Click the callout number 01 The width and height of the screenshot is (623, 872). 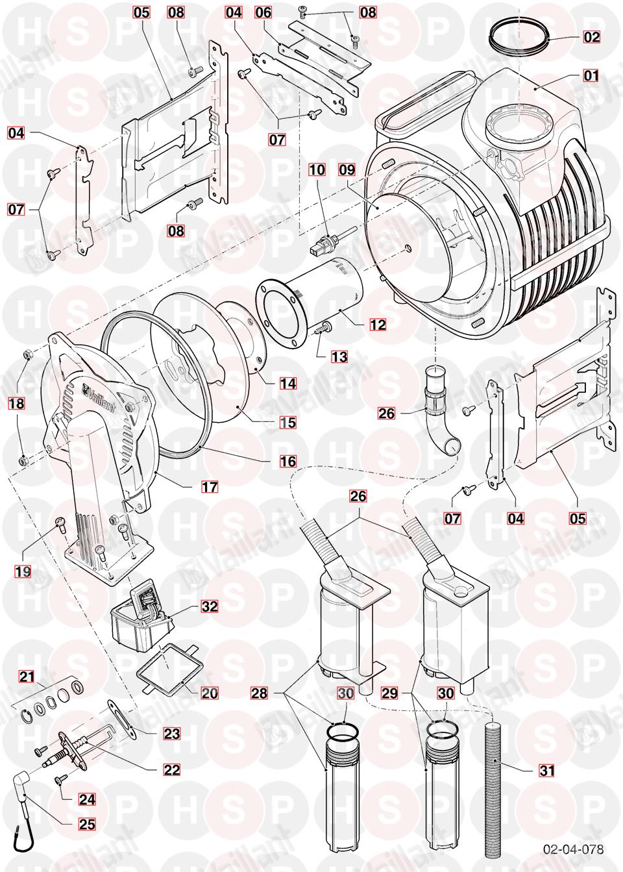[x=591, y=76]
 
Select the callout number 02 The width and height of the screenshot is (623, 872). [x=591, y=37]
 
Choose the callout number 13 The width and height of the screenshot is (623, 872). [x=339, y=356]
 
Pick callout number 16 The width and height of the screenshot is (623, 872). [x=288, y=461]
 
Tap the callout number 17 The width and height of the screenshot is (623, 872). [x=210, y=486]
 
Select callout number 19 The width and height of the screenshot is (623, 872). [x=22, y=571]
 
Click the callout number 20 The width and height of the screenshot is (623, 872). [x=209, y=693]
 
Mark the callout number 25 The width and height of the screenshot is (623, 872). [x=87, y=825]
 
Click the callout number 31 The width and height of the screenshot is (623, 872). [x=548, y=771]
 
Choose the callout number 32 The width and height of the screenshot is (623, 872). [x=209, y=606]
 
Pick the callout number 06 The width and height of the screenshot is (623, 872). [x=263, y=12]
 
